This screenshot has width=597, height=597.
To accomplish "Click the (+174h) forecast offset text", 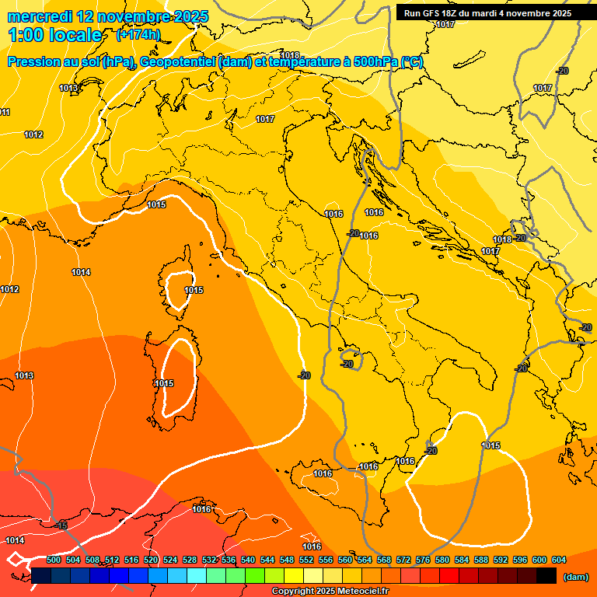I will coord(138,35).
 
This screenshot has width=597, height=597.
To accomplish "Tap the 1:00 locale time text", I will coord(54,35).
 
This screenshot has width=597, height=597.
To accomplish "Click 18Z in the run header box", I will coord(451,13).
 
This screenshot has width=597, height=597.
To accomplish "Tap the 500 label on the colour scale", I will coord(54,560).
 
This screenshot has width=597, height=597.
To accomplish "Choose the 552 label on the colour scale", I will coord(306,560).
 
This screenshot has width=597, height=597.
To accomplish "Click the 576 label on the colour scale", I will coord(423,560).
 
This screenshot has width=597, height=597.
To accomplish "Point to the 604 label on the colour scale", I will coord(559,560).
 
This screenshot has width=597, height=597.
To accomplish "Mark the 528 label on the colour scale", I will coord(190,560).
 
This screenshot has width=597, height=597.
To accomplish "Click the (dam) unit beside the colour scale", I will coord(575,576).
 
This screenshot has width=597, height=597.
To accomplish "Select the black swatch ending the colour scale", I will coord(546,575).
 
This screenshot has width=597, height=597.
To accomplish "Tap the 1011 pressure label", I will coord(5,113).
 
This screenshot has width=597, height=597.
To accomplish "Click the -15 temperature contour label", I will coord(61,526).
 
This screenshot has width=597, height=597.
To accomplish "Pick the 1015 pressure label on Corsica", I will coord(194,290).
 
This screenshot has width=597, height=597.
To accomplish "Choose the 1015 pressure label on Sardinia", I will coord(163,383).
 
